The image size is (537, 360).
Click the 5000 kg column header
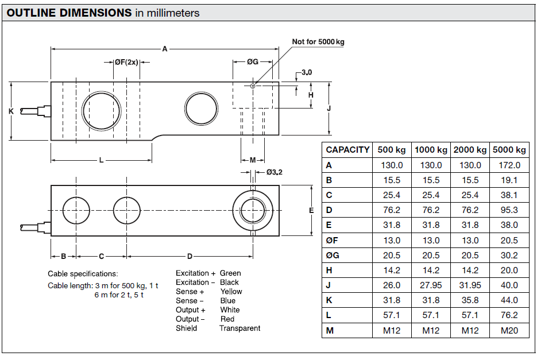509,150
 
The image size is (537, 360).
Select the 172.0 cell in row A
509,165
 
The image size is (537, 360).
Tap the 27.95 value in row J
431,285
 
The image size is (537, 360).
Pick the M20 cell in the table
509,330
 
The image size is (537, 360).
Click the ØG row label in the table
332,255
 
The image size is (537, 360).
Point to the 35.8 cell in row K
470,300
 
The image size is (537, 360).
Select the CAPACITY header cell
347,150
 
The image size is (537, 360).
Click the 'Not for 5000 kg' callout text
318,42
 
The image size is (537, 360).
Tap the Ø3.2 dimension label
275,172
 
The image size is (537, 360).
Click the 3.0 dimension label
307,73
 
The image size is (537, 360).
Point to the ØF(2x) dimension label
126,62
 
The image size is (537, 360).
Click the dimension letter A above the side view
165,49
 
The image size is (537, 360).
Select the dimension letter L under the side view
101,160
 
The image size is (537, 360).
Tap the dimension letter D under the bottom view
190,256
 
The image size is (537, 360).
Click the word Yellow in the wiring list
231,292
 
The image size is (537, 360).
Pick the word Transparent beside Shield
239,328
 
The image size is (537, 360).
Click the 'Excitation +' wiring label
196,273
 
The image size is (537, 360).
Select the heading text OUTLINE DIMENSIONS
69,13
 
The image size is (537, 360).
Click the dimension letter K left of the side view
11,111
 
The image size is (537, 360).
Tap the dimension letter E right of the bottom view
312,211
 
